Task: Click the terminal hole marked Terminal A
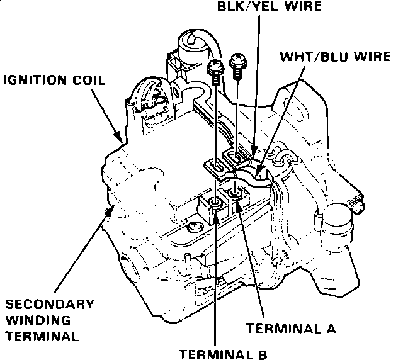234,191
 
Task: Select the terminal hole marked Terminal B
215,203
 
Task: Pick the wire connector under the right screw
236,154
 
